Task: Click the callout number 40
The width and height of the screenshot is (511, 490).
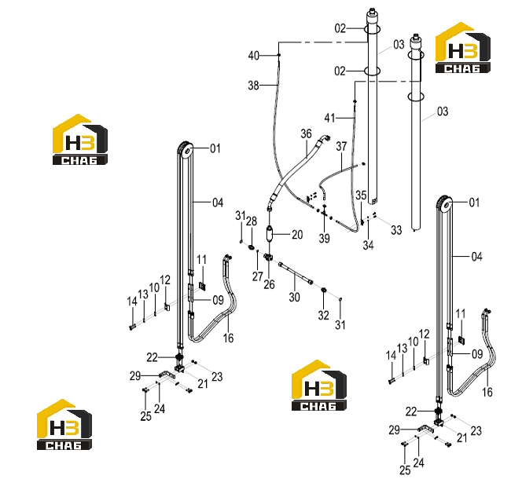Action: (254, 56)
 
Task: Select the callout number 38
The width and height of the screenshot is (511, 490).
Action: (254, 86)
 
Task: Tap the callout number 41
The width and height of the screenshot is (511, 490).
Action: (330, 118)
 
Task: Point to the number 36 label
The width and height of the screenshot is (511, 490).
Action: (306, 133)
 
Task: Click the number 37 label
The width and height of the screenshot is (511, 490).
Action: (341, 147)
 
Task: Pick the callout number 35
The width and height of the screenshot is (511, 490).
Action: (361, 196)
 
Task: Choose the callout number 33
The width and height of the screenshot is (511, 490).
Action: (396, 230)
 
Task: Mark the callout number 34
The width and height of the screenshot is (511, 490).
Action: (368, 245)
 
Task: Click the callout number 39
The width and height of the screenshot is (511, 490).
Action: (324, 239)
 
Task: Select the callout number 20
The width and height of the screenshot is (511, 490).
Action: (297, 235)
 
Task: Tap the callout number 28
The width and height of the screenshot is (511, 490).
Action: (252, 221)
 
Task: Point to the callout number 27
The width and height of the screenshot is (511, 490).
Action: (257, 276)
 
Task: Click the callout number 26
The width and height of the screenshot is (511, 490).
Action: (269, 284)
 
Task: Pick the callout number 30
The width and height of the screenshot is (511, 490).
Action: (294, 297)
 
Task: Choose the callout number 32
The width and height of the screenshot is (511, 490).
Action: (324, 315)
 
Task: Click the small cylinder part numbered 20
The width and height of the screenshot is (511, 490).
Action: (270, 234)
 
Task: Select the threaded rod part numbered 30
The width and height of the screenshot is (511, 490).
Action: (296, 273)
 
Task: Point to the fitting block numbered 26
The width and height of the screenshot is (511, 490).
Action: (268, 258)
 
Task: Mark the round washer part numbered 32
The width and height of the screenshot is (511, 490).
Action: (324, 290)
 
